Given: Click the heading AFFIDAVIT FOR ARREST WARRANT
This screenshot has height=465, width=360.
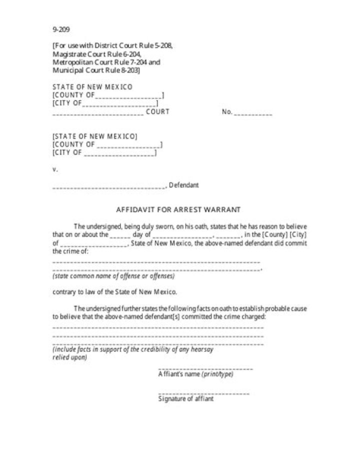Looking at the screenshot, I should [x=178, y=209].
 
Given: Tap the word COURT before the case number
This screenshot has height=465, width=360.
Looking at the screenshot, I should [x=157, y=111].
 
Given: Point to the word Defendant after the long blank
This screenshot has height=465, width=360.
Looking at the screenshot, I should [x=184, y=185].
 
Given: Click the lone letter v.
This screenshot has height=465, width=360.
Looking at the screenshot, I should [x=55, y=169].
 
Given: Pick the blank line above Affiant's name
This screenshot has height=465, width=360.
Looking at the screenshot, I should [x=205, y=369].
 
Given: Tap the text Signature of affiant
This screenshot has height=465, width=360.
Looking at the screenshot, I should [x=186, y=399].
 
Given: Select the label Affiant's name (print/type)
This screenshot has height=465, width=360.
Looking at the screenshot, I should [x=195, y=374].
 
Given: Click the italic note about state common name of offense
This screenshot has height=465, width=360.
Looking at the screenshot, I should [x=113, y=276].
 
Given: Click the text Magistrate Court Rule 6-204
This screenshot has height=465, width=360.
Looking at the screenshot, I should [x=97, y=54].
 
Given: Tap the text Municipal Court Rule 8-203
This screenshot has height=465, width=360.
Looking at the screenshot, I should [x=96, y=70].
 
